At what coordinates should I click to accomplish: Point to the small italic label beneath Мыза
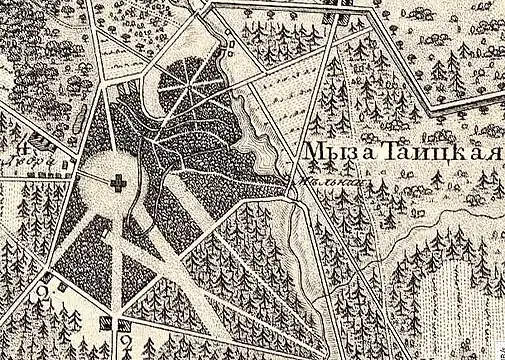click(318, 181)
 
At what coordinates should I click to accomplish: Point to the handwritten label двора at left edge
click(12, 157)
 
